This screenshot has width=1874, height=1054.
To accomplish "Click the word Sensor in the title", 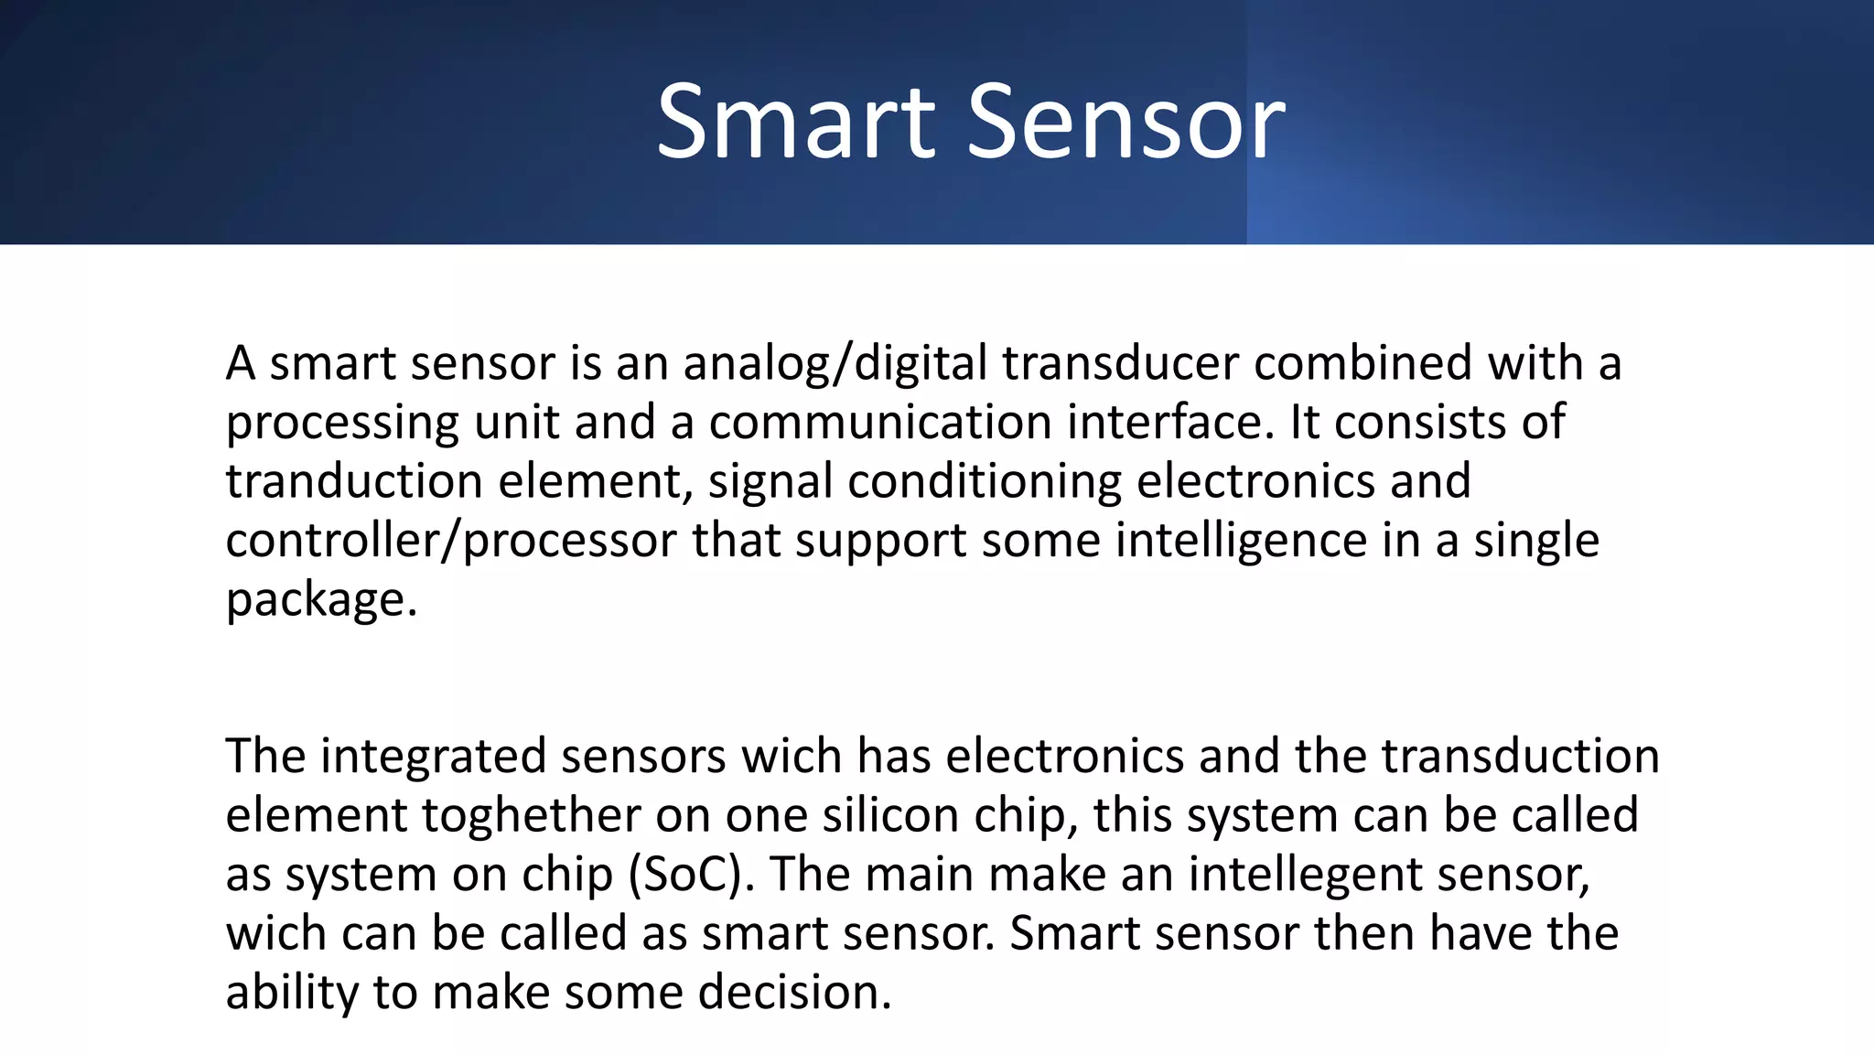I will click(1125, 123).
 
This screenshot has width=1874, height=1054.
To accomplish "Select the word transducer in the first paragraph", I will click(1120, 364).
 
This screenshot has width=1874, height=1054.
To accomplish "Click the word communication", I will click(879, 423).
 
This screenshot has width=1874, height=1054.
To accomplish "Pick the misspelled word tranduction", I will click(354, 482).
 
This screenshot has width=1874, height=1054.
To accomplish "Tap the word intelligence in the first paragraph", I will click(1241, 541).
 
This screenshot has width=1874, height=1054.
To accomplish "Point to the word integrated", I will click(432, 757).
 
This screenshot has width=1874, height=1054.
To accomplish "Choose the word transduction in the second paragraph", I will click(1520, 757).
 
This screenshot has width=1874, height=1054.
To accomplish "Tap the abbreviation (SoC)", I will click(692, 875).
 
